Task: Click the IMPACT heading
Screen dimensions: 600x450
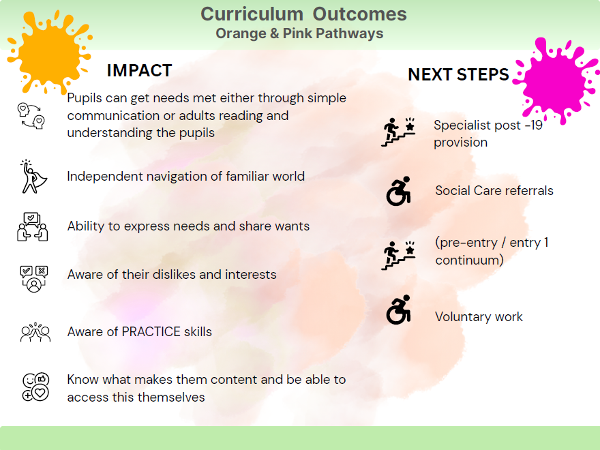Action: (x=139, y=70)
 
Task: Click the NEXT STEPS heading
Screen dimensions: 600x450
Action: (x=458, y=74)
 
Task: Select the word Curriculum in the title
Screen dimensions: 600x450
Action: (x=252, y=14)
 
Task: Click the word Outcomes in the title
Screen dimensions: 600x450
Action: (x=360, y=14)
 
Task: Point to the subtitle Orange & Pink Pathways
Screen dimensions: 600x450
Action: (x=299, y=33)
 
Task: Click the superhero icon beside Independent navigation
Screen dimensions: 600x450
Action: (x=33, y=177)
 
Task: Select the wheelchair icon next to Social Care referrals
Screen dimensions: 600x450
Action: (x=399, y=191)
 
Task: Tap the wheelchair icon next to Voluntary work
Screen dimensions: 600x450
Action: (x=399, y=310)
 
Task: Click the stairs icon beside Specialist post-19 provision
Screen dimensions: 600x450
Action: (x=398, y=132)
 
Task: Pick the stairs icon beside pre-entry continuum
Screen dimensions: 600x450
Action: (x=398, y=256)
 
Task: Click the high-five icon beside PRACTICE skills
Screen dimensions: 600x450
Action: (x=35, y=332)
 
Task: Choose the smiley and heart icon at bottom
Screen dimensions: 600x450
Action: (x=35, y=387)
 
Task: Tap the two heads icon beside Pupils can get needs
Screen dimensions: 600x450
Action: (x=31, y=115)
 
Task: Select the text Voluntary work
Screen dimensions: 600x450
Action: (x=479, y=317)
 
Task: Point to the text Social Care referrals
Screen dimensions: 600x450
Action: (x=494, y=190)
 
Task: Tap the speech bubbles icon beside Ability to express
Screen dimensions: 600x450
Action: (x=33, y=226)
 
